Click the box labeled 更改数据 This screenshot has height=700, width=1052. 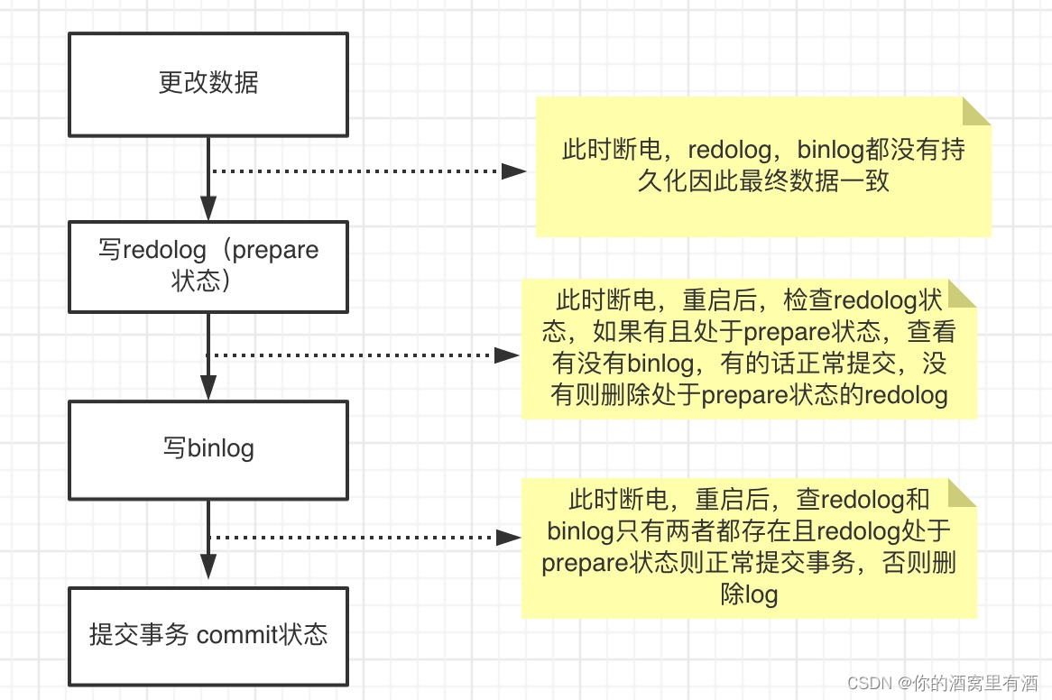point(208,83)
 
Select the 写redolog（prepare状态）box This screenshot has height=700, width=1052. point(208,265)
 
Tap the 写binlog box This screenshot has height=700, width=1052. point(208,448)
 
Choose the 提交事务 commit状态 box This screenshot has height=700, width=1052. point(208,635)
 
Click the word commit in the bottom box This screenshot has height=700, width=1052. point(236,635)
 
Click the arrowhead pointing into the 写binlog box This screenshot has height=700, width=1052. point(208,388)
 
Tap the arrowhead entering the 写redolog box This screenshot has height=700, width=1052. point(208,208)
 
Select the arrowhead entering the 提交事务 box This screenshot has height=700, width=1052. point(208,567)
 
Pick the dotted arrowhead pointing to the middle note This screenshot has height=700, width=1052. point(506,355)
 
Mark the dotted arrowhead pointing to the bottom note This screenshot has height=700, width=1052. point(508,538)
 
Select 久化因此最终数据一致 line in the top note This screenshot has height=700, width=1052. point(763,180)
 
